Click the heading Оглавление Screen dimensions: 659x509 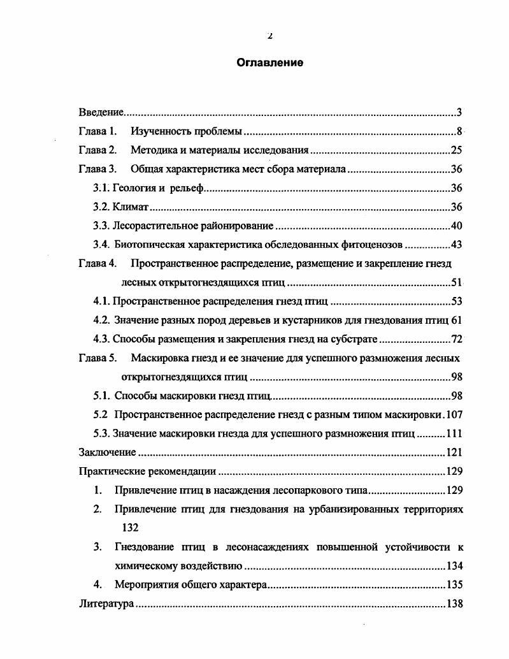pos(269,62)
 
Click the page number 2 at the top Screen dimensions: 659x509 pos(269,36)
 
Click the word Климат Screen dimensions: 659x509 pos(131,207)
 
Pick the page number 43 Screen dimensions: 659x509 pos(456,245)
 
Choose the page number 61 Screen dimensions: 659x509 pos(457,320)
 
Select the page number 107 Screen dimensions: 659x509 pos(454,414)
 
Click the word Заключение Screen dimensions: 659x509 pos(107,452)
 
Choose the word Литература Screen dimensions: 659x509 pos(106,604)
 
